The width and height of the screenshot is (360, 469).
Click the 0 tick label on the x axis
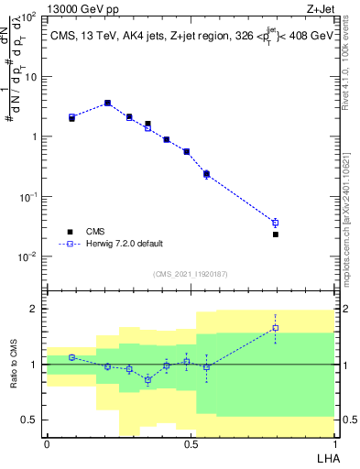pyautogui.click(x=47, y=443)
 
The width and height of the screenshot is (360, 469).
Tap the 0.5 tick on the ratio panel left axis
pyautogui.click(x=35, y=420)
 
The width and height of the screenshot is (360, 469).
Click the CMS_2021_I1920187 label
pyautogui.click(x=190, y=273)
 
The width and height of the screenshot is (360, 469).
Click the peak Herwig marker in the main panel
pyautogui.click(x=107, y=104)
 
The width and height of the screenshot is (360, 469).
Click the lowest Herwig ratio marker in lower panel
pyautogui.click(x=147, y=379)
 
